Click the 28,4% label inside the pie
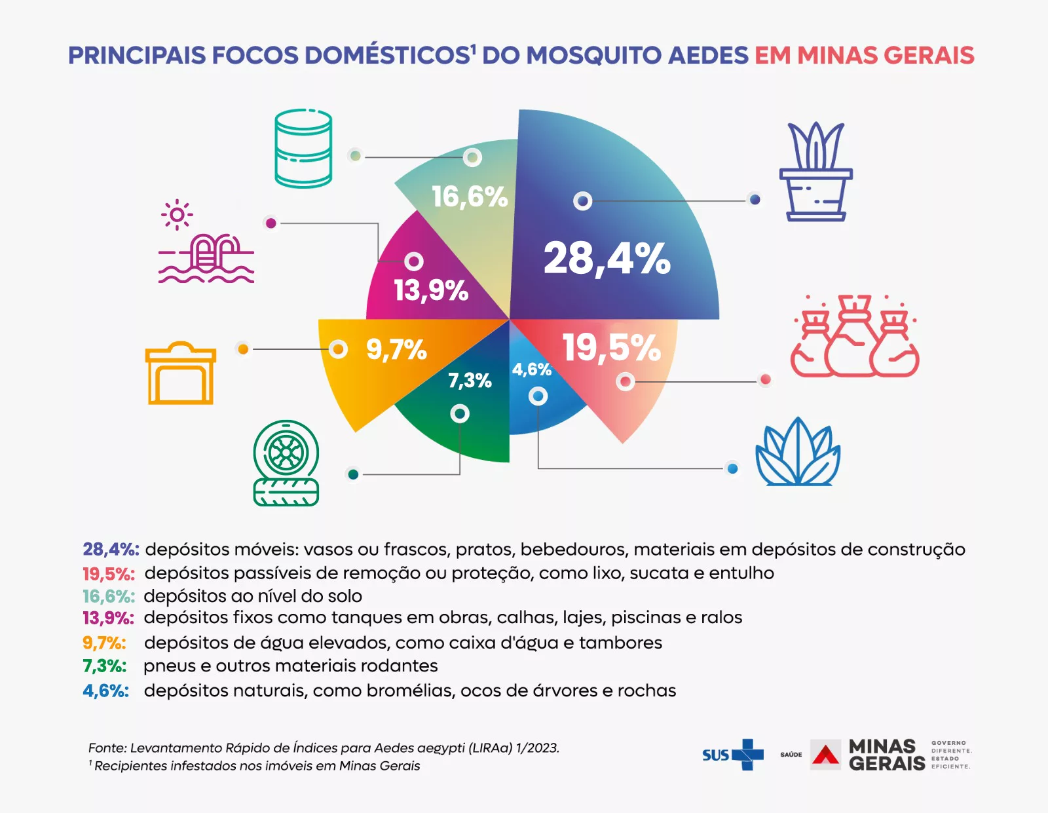tap(607, 259)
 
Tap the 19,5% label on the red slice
tap(611, 347)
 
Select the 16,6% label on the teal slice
tap(470, 197)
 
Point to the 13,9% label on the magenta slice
tap(431, 290)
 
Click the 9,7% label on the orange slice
tap(396, 350)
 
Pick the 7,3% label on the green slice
tap(470, 381)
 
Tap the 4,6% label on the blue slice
tap(531, 369)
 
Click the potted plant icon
tap(815, 172)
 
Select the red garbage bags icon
tap(855, 337)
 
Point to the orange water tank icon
tap(181, 373)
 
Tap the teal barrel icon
tap(303, 149)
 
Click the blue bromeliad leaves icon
tap(798, 453)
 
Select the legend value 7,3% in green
tap(104, 666)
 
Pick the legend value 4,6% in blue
tap(105, 690)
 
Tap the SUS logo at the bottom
tap(732, 755)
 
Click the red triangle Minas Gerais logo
tap(825, 755)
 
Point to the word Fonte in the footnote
tap(106, 747)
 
